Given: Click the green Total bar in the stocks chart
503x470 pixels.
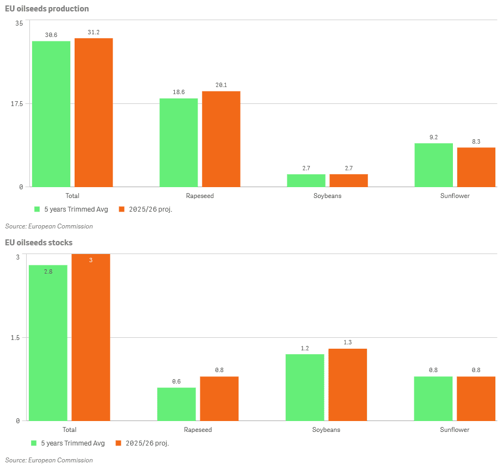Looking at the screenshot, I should (x=48, y=343).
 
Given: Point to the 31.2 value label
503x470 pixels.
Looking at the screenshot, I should (x=94, y=33).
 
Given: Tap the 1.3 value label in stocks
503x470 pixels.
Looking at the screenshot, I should (x=347, y=343).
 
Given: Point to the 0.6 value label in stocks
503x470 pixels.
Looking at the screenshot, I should (x=176, y=382).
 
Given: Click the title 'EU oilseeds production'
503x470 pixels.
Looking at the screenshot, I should (x=47, y=9).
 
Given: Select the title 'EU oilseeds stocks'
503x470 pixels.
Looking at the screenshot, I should (x=39, y=243).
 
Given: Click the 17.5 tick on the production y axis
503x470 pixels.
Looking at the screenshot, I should (x=16, y=104).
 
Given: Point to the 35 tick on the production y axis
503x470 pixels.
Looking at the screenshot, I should (x=19, y=23).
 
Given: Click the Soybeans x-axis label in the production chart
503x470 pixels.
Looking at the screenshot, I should (x=327, y=196).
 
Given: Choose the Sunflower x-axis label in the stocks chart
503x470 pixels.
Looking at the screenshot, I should (x=455, y=430).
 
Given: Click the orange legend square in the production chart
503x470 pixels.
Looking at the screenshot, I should (x=122, y=209).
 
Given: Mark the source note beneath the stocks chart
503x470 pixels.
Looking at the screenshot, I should (x=49, y=460).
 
